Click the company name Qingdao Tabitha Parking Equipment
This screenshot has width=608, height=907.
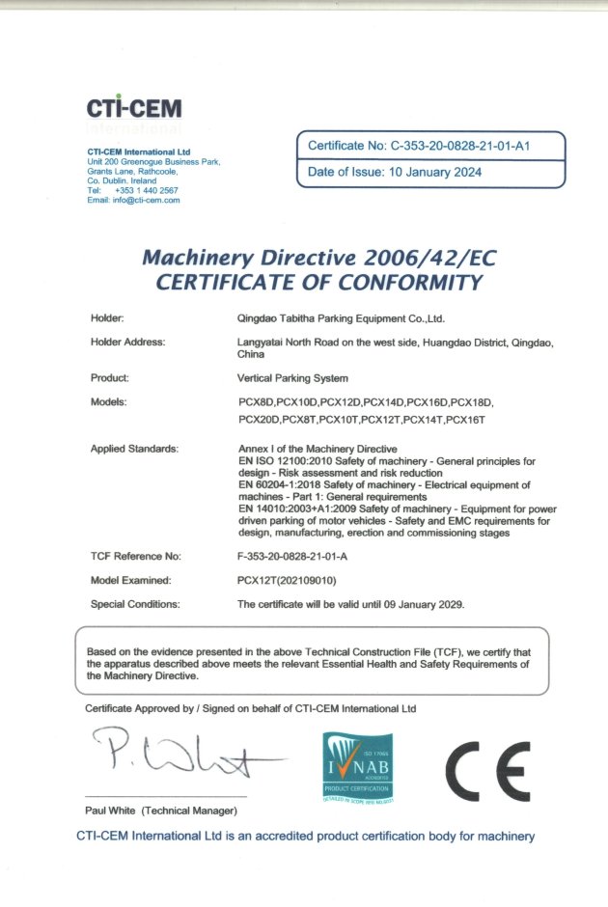pos(340,317)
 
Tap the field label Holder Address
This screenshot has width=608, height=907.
pos(127,342)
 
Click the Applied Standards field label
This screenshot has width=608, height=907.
pos(134,450)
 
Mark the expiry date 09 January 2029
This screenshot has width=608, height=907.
pos(419,604)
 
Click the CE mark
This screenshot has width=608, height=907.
pos(486,766)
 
